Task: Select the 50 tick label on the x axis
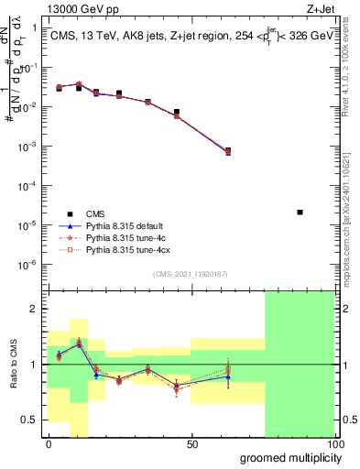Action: [x=191, y=444]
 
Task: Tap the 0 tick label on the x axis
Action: [x=49, y=444]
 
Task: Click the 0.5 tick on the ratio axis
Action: [x=30, y=420]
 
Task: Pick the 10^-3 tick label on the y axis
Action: [x=28, y=147]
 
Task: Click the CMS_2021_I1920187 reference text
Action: [x=190, y=274]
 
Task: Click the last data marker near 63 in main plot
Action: [x=228, y=151]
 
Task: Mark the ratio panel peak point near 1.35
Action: [x=79, y=342]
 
